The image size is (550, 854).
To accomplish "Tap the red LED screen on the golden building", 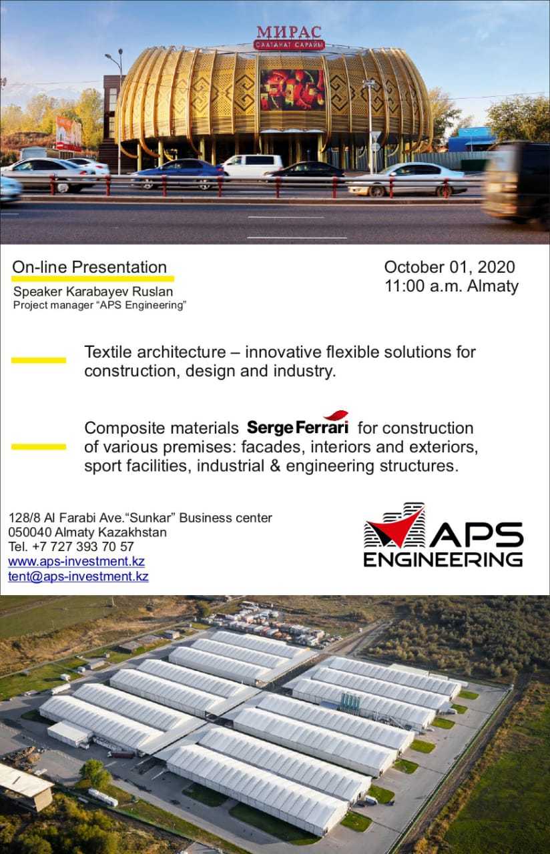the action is pos(292,90).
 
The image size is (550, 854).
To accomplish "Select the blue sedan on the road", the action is pos(180,173).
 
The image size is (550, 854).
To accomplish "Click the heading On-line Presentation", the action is pos(89,268).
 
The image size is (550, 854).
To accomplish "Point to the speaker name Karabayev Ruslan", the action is pos(119,292).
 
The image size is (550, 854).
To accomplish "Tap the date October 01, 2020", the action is pos(450,268).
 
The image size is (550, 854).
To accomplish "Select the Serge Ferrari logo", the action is pos(298,424).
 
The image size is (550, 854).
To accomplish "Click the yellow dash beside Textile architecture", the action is pos(39,360).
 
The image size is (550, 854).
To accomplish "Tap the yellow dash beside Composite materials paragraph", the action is pos(39,447).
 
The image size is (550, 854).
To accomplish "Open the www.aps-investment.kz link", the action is pos(76,562).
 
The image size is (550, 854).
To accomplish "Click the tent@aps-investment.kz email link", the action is pos(78,576).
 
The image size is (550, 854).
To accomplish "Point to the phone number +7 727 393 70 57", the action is pos(83,546).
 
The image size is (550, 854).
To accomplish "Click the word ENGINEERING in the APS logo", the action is pos(443,559).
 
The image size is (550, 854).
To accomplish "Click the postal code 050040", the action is pos(30,532).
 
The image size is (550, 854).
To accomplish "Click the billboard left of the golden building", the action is pos(69,133).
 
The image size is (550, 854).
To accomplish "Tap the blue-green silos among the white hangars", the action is pos(350,703).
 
